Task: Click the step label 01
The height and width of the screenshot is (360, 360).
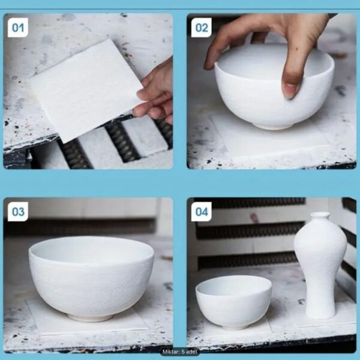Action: (x=18, y=28)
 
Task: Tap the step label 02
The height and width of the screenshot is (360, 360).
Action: (x=202, y=28)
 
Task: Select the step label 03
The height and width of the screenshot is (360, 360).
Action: (x=18, y=211)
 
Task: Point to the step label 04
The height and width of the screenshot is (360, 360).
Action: (x=202, y=211)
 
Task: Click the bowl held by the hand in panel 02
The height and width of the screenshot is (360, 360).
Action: (x=274, y=89)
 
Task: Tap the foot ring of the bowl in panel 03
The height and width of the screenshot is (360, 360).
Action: (x=90, y=318)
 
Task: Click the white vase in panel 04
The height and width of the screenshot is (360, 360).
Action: (x=320, y=265)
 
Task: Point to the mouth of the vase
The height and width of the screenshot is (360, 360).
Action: (x=320, y=215)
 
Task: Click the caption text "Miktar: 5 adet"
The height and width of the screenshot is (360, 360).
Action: (x=180, y=352)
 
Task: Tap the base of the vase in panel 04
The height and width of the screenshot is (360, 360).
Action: (x=321, y=315)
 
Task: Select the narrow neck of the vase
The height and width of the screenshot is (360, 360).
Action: (x=320, y=220)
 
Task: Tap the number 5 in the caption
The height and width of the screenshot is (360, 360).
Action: (x=183, y=352)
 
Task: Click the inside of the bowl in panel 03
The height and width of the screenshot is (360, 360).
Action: (x=92, y=249)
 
